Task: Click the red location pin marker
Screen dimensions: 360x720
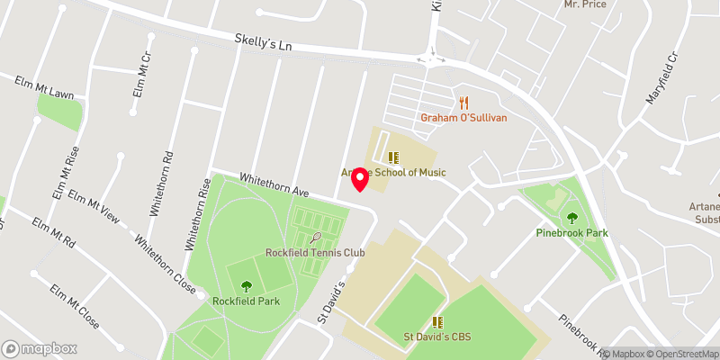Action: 360,179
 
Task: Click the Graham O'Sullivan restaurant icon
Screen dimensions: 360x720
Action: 464,103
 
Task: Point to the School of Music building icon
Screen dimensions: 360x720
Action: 392,157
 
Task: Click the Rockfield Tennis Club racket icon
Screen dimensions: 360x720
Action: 315,238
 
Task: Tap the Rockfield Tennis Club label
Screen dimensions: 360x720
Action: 315,253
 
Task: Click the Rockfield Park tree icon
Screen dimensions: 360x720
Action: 247,285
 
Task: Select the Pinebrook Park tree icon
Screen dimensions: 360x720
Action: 572,217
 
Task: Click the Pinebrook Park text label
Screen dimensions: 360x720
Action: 572,233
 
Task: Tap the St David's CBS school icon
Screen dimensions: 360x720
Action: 437,321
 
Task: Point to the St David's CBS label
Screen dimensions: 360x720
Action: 437,337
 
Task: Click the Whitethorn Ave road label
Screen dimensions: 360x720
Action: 274,185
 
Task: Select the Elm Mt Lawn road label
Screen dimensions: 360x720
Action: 44,86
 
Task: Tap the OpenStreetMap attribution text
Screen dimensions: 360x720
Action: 679,354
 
